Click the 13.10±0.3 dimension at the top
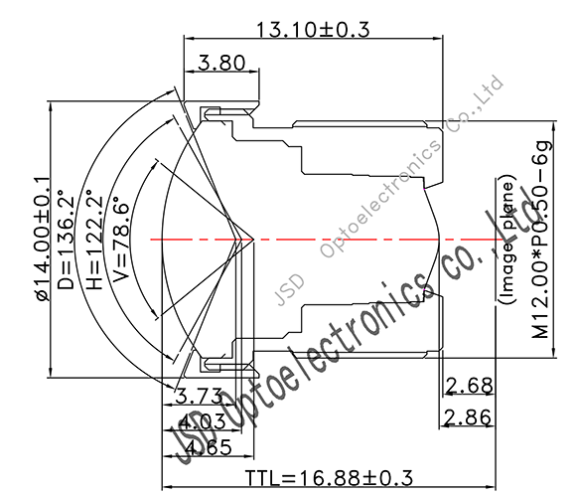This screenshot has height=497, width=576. pos(313,30)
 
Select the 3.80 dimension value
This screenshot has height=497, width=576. pos(220,64)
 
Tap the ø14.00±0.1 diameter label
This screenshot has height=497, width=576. pos(42,239)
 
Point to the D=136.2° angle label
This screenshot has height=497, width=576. pos(67,240)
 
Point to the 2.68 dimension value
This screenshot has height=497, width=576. pos(468,386)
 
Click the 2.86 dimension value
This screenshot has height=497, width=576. pos(468,417)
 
